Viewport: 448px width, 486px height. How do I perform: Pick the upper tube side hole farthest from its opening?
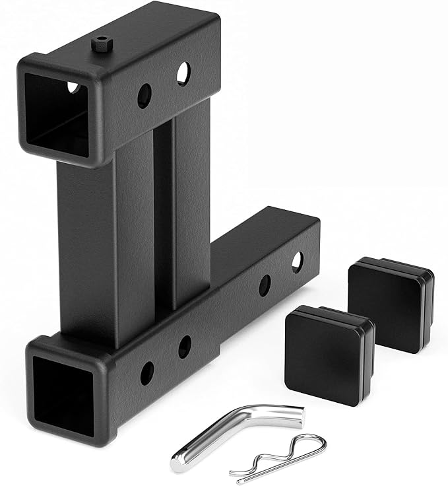183,74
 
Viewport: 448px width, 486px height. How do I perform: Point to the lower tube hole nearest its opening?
147,373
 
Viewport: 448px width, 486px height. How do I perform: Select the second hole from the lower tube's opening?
185,347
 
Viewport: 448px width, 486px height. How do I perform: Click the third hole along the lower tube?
264,285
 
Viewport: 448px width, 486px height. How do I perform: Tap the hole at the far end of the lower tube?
297,261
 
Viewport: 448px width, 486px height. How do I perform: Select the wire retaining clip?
277,456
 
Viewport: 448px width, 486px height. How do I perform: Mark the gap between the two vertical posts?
164,218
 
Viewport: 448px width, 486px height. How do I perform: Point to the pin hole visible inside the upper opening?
73,87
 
